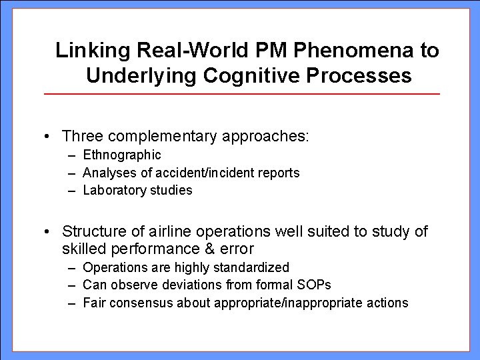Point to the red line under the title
point(241,94)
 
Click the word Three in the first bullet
point(81,136)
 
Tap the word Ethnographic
point(122,155)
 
